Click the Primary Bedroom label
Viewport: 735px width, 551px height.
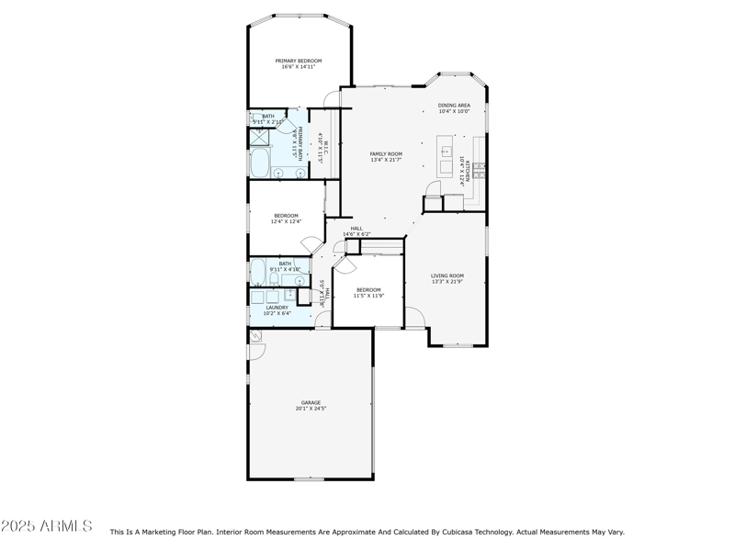(299, 62)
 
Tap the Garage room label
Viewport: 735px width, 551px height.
(311, 402)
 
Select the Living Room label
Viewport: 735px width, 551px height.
(447, 275)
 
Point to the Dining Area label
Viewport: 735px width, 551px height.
(454, 106)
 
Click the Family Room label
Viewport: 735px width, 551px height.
(386, 154)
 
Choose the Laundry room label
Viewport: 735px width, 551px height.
(277, 308)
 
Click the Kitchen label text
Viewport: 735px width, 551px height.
(469, 171)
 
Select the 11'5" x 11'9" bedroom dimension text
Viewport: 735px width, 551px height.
(368, 296)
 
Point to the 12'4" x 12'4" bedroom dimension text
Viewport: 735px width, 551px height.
(286, 221)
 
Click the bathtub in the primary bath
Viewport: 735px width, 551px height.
(259, 164)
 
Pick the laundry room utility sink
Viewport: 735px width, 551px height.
(290, 295)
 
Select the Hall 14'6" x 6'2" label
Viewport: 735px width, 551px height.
(356, 231)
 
